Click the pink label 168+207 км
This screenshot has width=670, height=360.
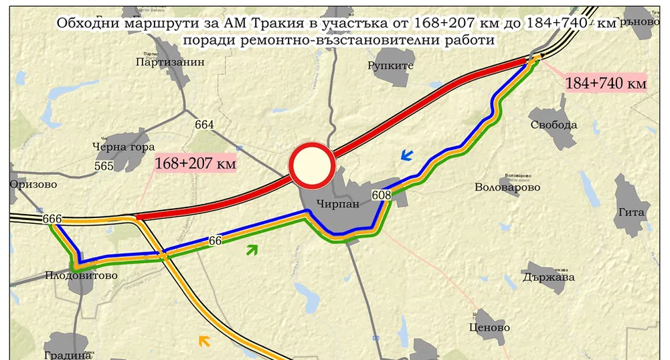point(195,163)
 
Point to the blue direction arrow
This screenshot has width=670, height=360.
point(406,156)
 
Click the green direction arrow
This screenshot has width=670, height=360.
point(252,250)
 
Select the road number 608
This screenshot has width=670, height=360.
point(381,195)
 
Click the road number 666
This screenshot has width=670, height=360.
point(52,219)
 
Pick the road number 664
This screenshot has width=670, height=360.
point(205,124)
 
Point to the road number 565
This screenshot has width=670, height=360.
point(104,166)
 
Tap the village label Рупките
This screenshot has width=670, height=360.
point(391,66)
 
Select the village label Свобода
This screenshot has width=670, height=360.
point(554,125)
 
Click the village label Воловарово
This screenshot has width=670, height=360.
point(507,187)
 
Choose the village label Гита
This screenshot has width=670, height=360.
point(632,213)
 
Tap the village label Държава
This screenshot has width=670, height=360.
point(549,277)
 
